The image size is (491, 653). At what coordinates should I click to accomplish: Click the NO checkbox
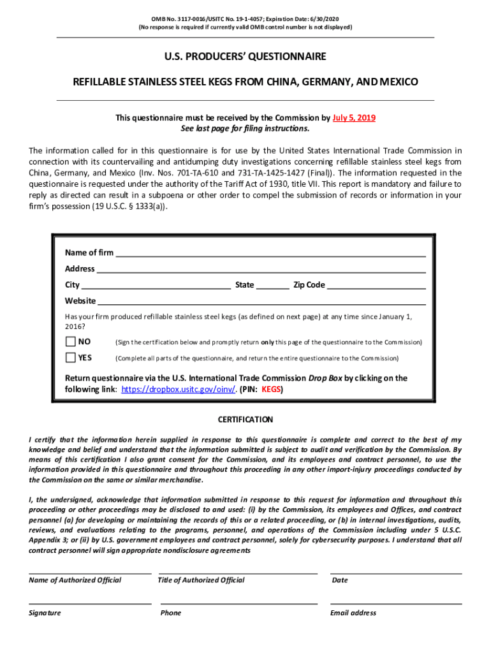tap(70, 342)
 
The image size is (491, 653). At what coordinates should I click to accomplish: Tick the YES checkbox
tap(70, 358)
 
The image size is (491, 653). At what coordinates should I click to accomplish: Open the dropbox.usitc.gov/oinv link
tap(179, 389)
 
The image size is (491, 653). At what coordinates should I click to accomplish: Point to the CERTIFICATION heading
tap(246, 420)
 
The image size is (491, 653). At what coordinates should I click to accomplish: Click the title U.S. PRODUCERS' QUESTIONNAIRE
tap(246, 57)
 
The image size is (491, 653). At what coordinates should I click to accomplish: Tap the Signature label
tap(45, 613)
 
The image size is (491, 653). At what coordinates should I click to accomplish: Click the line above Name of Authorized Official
tap(90, 573)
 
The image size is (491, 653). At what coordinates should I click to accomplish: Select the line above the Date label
tap(396, 573)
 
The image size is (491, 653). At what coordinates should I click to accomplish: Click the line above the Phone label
tap(238, 603)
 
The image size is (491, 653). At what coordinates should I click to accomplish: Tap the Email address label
tap(353, 613)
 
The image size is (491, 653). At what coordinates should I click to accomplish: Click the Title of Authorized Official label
tap(202, 580)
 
